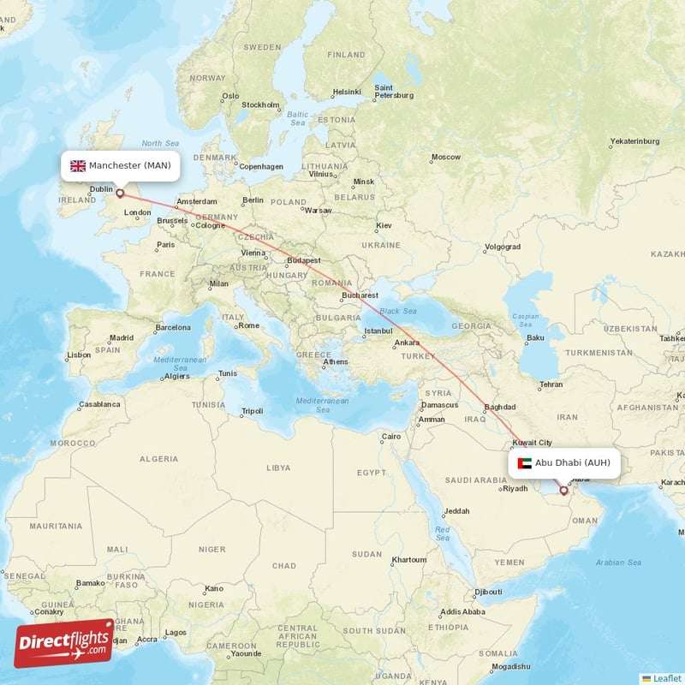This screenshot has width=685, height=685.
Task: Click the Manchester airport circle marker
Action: click(120, 194)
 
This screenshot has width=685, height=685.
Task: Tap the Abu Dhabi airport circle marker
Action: click(563, 491)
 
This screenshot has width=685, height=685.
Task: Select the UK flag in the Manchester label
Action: click(78, 165)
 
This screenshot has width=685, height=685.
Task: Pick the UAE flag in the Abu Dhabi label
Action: click(525, 463)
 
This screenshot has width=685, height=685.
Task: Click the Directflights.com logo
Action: click(64, 643)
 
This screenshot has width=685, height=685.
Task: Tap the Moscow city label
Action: click(445, 157)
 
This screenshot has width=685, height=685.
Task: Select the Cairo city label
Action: click(391, 436)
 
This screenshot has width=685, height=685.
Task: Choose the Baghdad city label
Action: click(499, 407)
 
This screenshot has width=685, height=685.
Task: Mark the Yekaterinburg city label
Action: click(634, 140)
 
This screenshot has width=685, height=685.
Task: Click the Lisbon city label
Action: click(79, 354)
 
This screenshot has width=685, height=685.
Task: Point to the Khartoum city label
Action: click(408, 560)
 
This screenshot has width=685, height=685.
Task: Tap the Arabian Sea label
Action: click(618, 563)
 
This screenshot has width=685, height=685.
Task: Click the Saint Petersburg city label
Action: click(394, 91)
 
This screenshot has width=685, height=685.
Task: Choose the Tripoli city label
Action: click(252, 411)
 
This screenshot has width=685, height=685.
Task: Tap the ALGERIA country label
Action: click(158, 459)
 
